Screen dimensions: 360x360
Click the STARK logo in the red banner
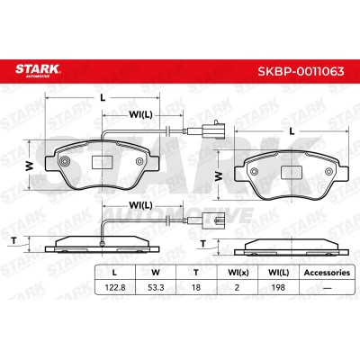pos(38,70)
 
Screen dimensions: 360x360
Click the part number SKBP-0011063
pos(301,71)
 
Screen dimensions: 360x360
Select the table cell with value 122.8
pos(115,287)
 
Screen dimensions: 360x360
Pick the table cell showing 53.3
pos(156,287)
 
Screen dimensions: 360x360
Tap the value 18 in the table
pos(196,287)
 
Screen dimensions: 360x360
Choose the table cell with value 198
pos(278,287)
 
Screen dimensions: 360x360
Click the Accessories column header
pos(327,273)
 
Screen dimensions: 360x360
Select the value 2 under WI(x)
pos(237,287)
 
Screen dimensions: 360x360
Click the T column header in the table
pos(196,273)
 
